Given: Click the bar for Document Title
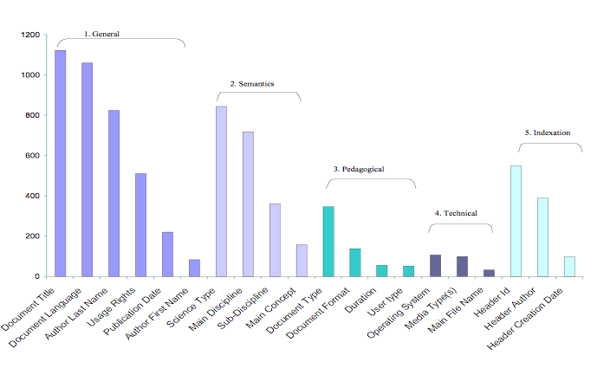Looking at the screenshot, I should click(61, 164).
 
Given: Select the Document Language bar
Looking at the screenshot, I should click(88, 170).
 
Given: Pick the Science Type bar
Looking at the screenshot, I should click(221, 191).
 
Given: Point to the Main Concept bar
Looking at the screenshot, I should click(302, 261).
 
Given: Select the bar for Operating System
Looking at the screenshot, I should click(436, 266).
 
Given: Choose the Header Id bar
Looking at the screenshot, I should click(516, 221).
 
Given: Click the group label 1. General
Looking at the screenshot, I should click(101, 34).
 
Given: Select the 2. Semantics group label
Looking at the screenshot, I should click(252, 84).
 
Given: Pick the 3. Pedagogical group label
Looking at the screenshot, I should click(359, 169).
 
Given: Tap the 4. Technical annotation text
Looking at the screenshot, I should click(456, 213).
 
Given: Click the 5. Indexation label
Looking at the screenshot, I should click(548, 133).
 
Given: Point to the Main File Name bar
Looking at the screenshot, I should click(490, 273).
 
